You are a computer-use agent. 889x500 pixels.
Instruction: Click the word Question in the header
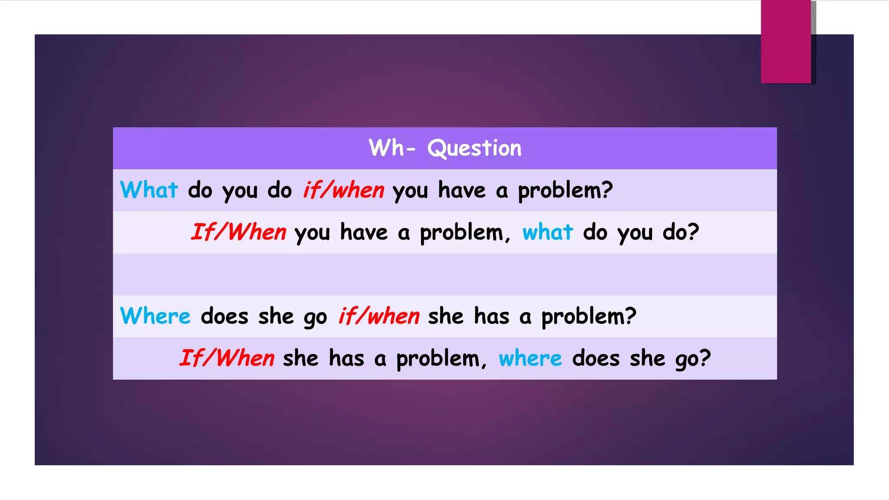click(474, 148)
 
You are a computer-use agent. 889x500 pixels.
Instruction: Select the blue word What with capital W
click(149, 190)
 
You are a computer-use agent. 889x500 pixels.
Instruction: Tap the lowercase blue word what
click(547, 232)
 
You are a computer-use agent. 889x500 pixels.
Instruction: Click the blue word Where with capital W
click(155, 316)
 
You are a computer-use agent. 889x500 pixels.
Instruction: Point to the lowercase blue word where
click(530, 359)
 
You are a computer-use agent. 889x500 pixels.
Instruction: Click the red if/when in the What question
click(343, 190)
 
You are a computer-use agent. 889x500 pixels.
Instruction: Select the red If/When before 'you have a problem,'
click(239, 232)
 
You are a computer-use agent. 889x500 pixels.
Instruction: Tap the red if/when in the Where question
click(379, 316)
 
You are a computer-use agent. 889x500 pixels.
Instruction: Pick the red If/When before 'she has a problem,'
click(227, 359)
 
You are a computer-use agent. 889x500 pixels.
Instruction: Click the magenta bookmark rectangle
click(786, 42)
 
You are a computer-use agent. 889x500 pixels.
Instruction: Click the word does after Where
click(224, 316)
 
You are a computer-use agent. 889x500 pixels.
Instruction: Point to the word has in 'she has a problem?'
click(491, 316)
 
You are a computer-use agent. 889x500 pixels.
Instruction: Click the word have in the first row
click(461, 190)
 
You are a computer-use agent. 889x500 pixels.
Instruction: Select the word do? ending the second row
click(681, 232)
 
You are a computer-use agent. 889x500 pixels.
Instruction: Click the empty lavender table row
click(444, 274)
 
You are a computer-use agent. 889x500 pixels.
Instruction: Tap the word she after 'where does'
click(647, 359)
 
